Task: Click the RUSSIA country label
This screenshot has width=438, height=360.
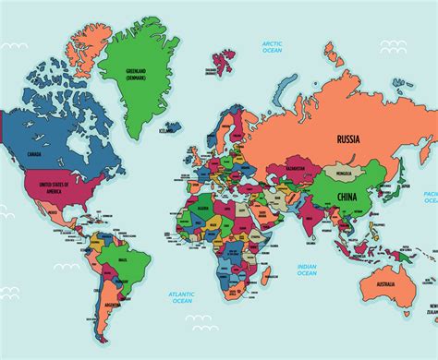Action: point(347,139)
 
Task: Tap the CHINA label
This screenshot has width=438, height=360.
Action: point(347,197)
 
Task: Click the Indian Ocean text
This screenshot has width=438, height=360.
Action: point(306,270)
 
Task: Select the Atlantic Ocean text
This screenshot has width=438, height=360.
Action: point(181,296)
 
